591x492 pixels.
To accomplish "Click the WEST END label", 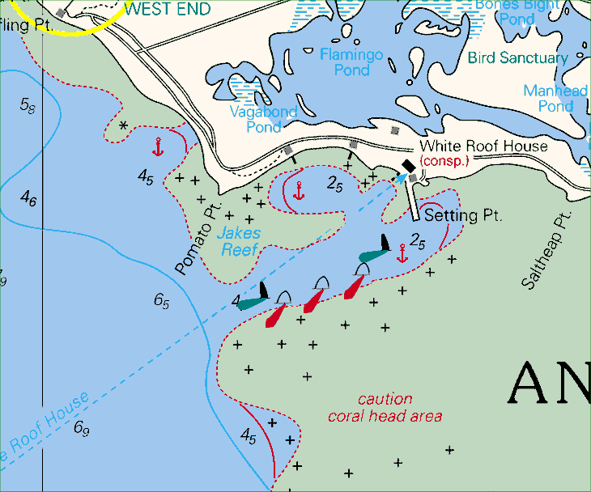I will (x=168, y=10).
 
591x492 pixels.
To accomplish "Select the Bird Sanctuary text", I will (x=517, y=58).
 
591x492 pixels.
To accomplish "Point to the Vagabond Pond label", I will (x=263, y=119).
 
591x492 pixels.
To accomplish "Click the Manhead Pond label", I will (x=555, y=98).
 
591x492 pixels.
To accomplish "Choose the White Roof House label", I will (x=483, y=146).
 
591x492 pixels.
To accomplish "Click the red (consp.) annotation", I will (x=444, y=161).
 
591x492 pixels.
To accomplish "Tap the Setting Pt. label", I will (x=463, y=216).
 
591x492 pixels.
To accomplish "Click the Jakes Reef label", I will (x=240, y=242).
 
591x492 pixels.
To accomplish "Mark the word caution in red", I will (x=385, y=399).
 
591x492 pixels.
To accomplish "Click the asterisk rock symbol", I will (x=123, y=126).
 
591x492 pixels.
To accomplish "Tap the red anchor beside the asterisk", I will (x=159, y=146).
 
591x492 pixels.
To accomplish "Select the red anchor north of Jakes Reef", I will (x=299, y=191).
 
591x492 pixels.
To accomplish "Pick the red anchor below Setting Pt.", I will (x=402, y=253).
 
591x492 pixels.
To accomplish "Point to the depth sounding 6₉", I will (x=82, y=428).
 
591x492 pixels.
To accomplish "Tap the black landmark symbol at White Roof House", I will (x=407, y=165).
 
